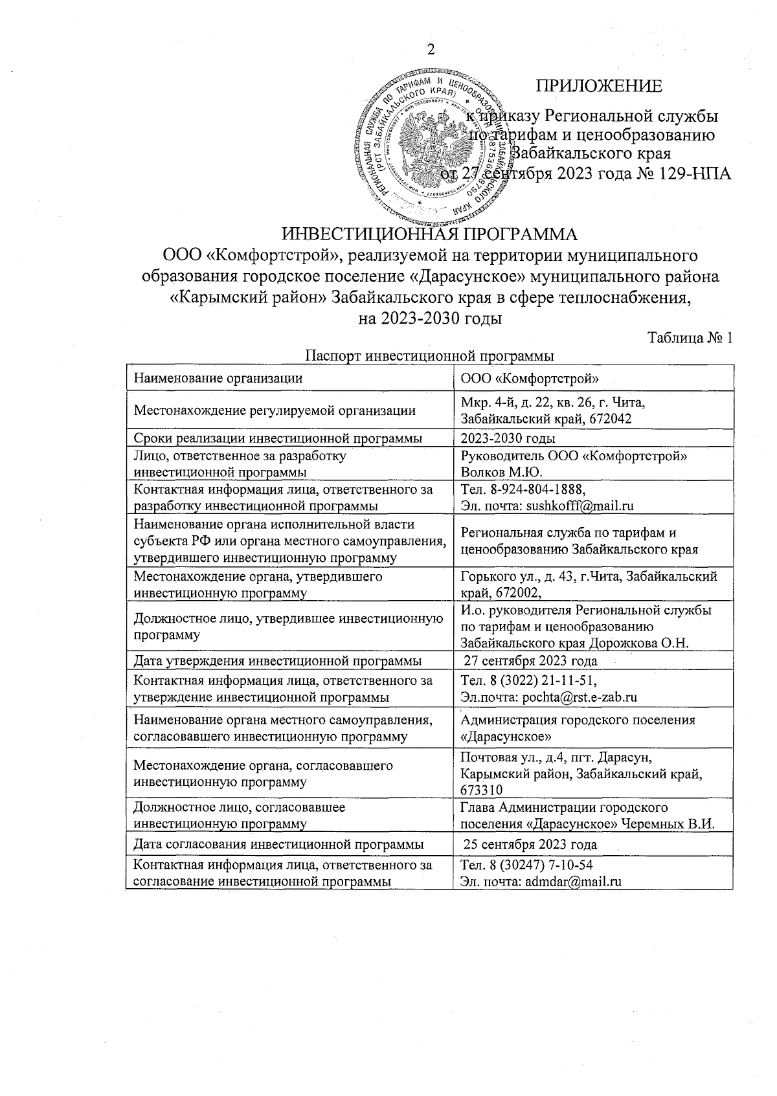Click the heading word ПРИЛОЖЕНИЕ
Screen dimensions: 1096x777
pos(598,86)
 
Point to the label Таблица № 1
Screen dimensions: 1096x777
pos(690,339)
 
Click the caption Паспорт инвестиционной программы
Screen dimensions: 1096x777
pos(429,356)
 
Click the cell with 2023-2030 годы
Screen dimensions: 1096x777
pos(499,438)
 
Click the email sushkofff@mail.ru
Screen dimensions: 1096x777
pos(580,506)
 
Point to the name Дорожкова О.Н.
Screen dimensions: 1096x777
pos(656,643)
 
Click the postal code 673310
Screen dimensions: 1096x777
pos(481,789)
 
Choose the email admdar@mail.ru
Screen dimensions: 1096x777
pos(574,881)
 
